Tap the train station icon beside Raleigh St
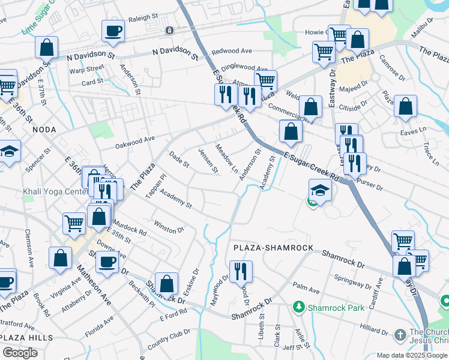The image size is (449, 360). pyautogui.click(x=170, y=30)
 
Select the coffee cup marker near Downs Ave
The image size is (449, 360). pyautogui.click(x=107, y=262)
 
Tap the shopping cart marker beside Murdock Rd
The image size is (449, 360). pyautogui.click(x=74, y=223)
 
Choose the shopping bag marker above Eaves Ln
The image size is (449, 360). pyautogui.click(x=405, y=106)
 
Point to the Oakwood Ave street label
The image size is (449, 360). pyautogui.click(x=135, y=142)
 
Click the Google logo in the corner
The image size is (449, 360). pyautogui.click(x=20, y=353)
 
